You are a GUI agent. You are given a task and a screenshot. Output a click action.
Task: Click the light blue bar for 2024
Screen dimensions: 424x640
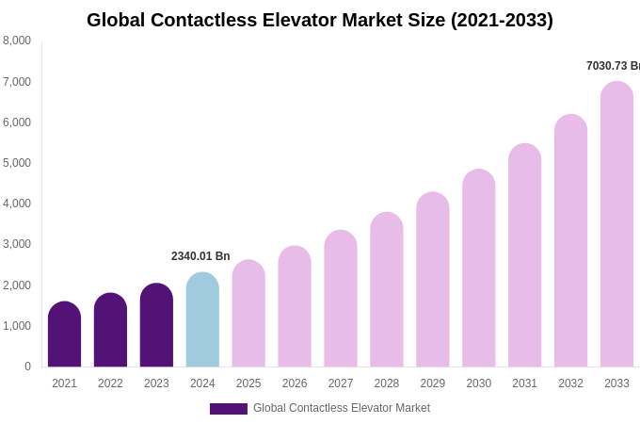202,320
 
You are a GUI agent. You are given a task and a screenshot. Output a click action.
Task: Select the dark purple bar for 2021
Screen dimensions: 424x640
64,334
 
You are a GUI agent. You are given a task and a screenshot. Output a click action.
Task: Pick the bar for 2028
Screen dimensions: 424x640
387,290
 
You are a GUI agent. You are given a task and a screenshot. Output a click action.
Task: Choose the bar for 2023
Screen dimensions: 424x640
156,325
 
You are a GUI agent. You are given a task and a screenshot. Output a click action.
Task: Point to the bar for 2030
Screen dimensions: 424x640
478,269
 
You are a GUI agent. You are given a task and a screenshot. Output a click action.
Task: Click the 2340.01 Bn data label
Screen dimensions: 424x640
200,256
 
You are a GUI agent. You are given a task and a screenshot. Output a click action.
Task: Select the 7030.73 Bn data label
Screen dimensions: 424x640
613,66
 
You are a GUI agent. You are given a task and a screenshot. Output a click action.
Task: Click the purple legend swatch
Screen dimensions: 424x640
229,409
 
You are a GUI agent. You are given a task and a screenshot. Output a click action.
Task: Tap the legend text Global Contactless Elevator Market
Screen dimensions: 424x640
342,408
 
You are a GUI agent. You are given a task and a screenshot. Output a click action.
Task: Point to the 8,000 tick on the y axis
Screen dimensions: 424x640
17,41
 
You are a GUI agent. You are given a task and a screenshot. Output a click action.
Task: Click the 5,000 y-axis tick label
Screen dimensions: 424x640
17,163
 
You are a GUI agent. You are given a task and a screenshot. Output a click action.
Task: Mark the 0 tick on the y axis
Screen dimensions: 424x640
27,367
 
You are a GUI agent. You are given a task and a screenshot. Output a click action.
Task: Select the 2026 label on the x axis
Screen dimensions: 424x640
295,383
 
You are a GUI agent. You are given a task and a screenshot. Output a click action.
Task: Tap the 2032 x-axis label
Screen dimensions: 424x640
570,383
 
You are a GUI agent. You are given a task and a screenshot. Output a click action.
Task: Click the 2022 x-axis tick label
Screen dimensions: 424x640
110,383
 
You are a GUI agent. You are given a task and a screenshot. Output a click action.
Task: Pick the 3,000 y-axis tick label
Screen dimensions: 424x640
17,244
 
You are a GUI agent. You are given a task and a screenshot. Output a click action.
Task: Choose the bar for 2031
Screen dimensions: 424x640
524,255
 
